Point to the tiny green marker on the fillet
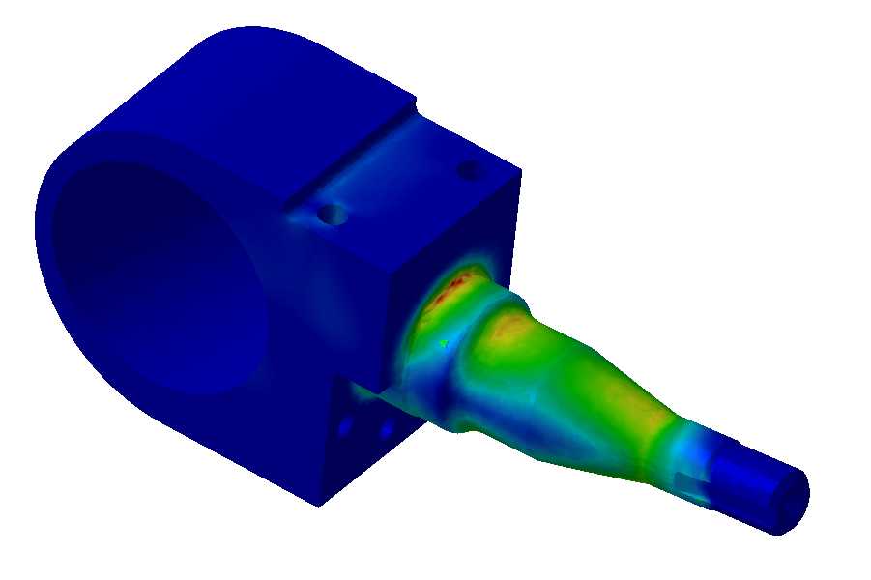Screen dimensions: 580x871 443,342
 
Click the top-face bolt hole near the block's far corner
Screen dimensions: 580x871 469,171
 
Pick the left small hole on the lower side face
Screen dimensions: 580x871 345,422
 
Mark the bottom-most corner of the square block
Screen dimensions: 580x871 320,506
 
